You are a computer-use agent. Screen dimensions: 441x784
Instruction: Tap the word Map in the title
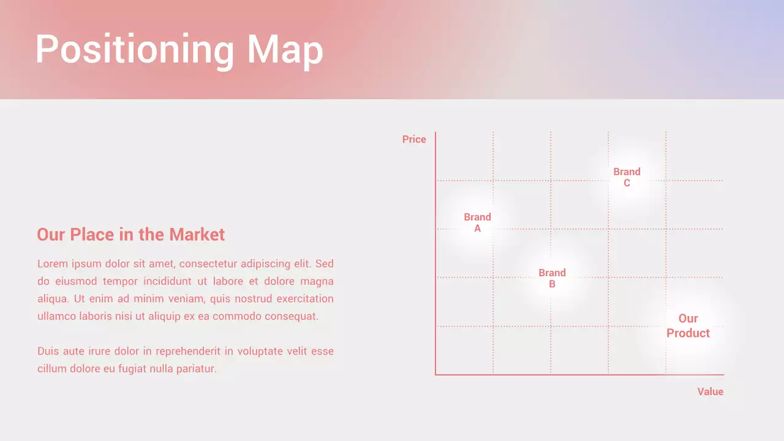click(x=285, y=49)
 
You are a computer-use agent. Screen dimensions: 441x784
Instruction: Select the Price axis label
click(x=414, y=140)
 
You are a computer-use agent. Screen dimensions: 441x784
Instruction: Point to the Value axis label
click(x=710, y=392)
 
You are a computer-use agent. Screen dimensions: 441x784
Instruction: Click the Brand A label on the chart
click(x=478, y=222)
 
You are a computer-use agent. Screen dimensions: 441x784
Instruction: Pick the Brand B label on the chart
click(x=552, y=278)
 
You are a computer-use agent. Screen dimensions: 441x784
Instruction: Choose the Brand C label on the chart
click(x=627, y=177)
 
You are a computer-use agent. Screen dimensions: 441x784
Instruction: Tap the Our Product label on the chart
click(x=688, y=326)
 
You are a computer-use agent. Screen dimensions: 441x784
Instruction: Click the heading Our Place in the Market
click(x=130, y=235)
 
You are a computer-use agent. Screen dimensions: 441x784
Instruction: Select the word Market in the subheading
click(x=197, y=235)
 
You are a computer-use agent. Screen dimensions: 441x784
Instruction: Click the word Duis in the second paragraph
click(x=48, y=352)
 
